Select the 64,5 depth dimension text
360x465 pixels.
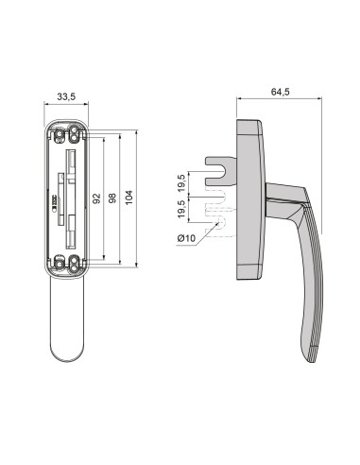(x=279, y=92)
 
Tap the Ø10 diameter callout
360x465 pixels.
(x=187, y=237)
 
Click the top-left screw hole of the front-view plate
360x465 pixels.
(x=54, y=130)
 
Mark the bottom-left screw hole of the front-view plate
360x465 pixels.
(x=54, y=264)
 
